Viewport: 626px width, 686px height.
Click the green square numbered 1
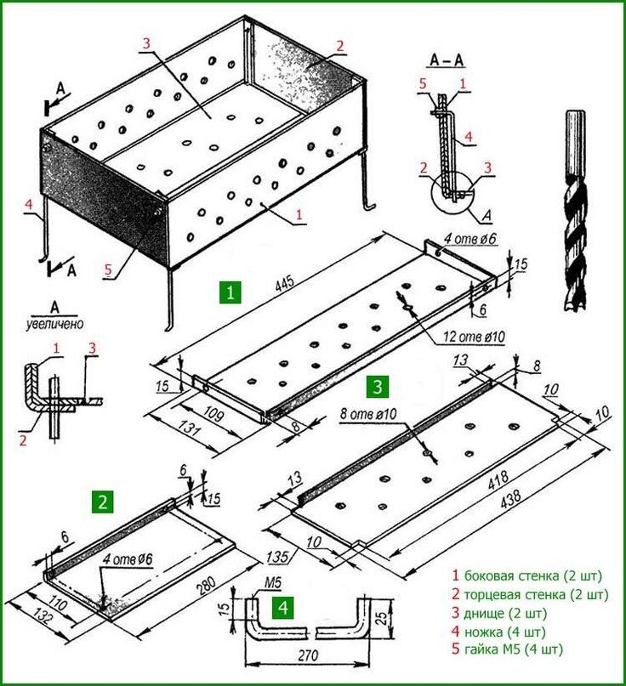click(230, 292)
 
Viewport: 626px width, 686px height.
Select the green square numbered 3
click(378, 387)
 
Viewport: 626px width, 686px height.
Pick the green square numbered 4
click(283, 607)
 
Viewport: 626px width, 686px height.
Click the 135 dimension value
click(276, 557)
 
